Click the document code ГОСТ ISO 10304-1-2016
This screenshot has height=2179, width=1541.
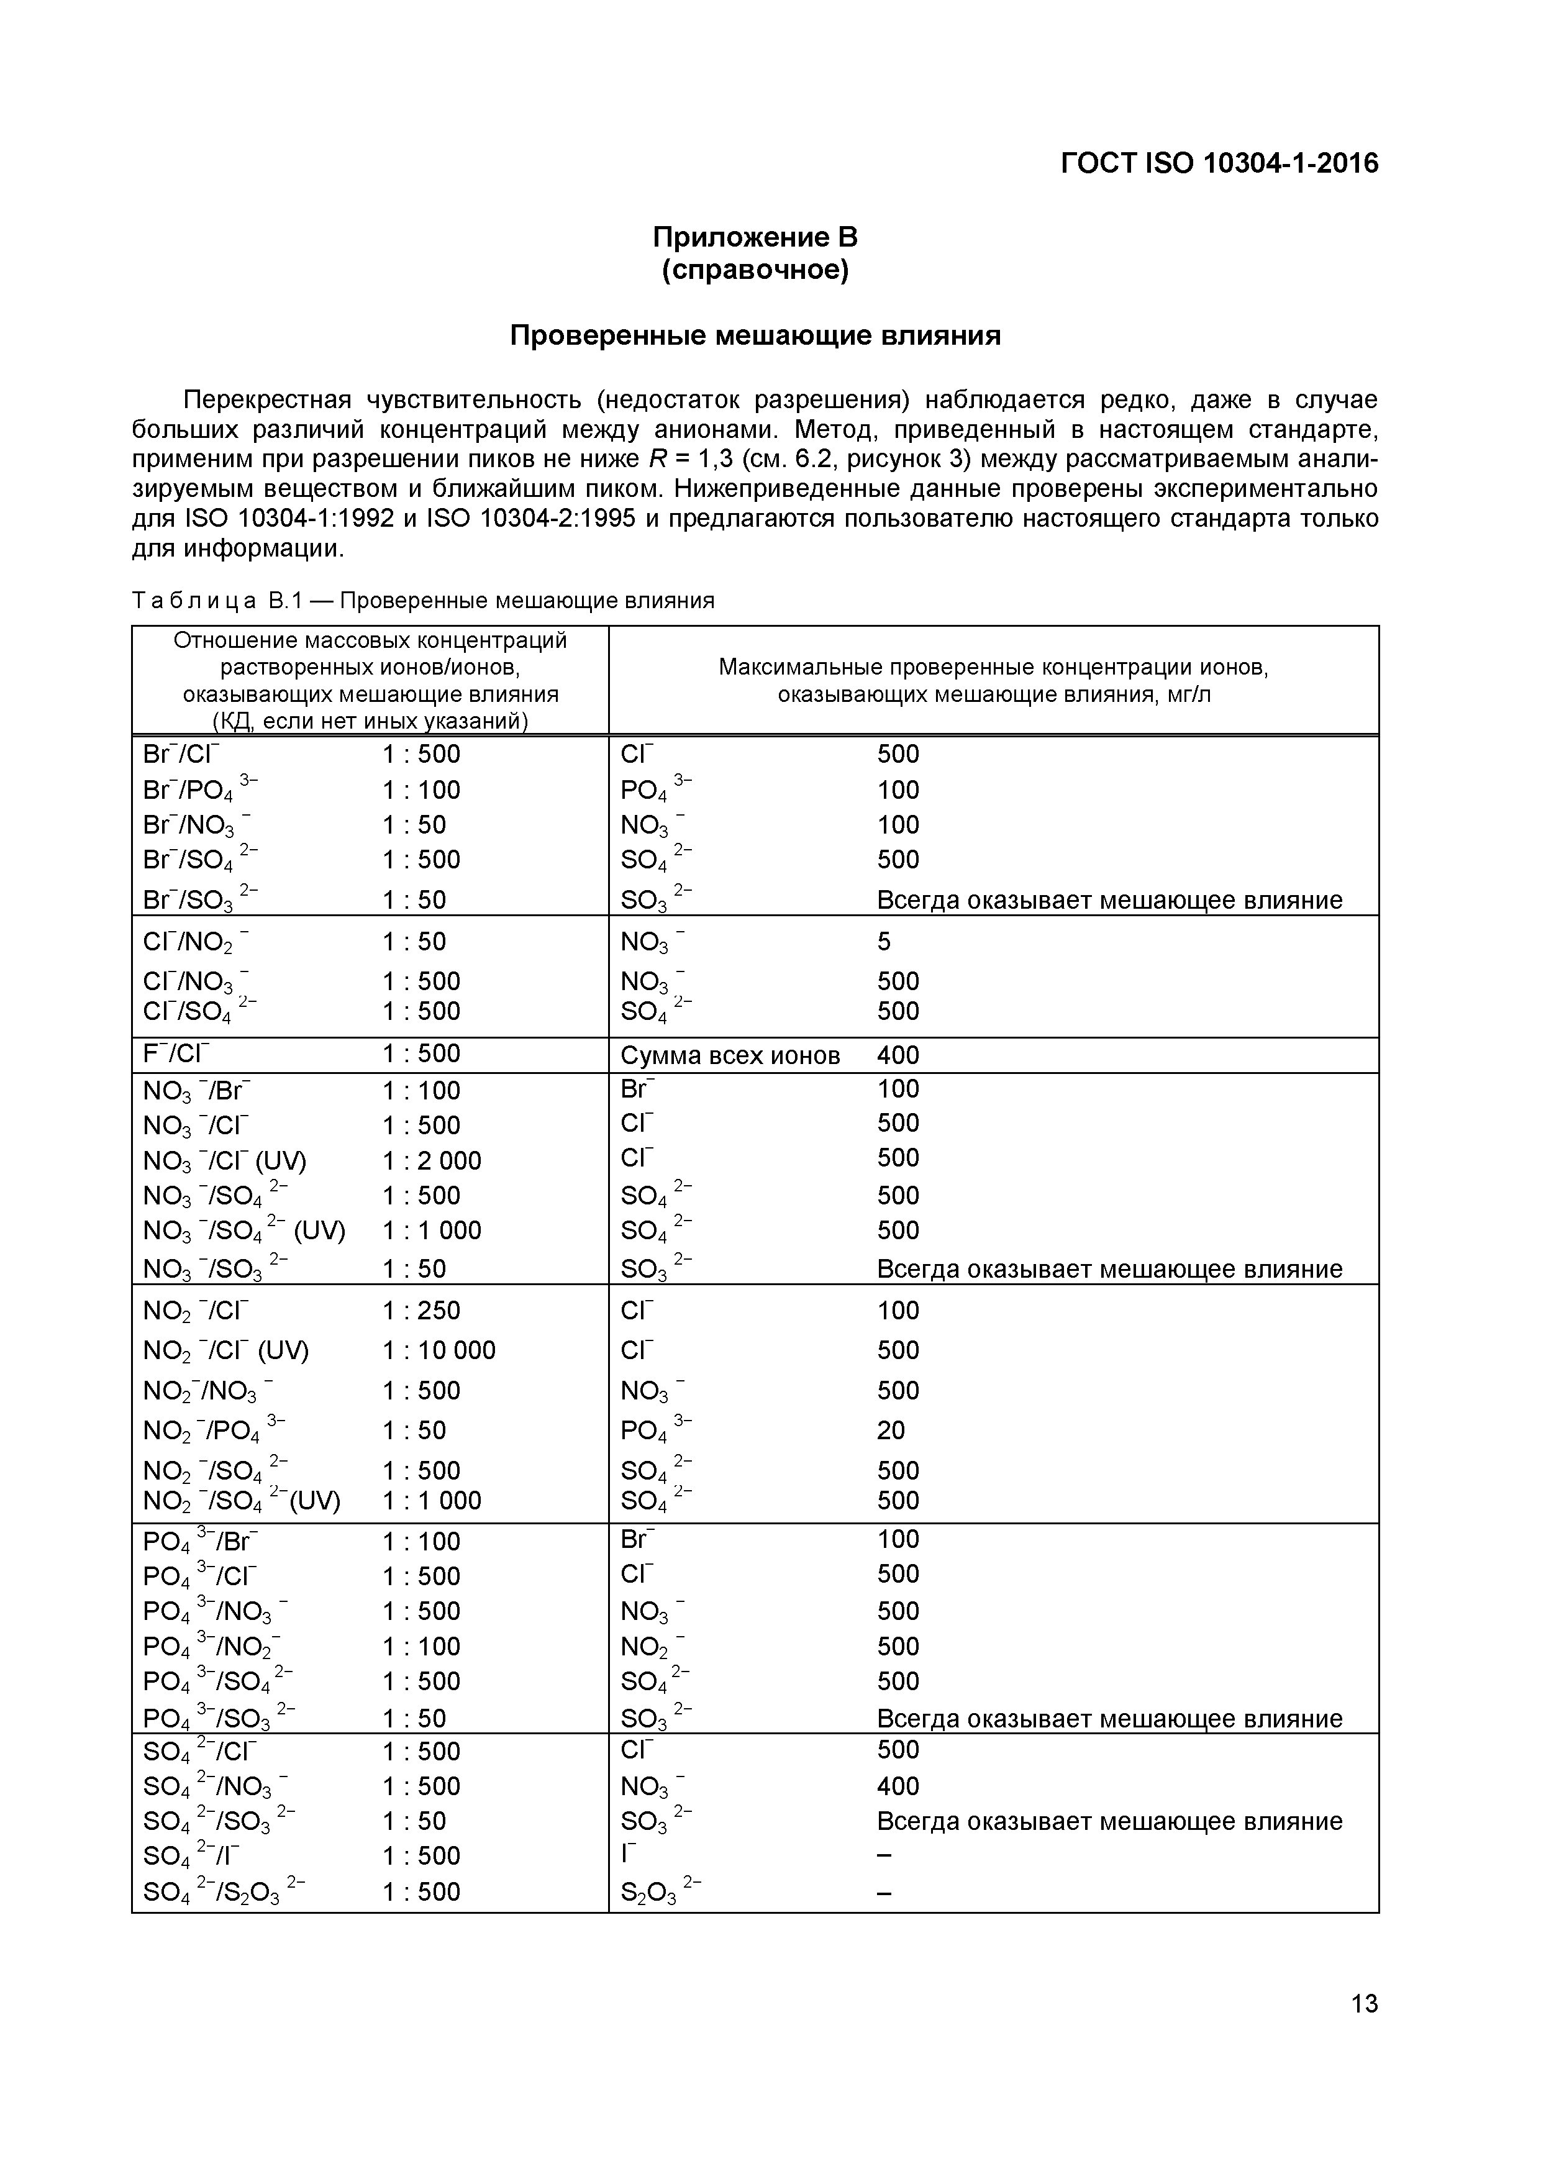pyautogui.click(x=1219, y=164)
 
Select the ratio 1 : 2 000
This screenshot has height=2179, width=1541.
pyautogui.click(x=432, y=1161)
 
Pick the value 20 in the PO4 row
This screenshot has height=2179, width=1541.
pyautogui.click(x=891, y=1431)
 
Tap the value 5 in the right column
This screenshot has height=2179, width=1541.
pyautogui.click(x=883, y=942)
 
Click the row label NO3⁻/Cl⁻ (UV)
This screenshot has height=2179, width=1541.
pyautogui.click(x=225, y=1161)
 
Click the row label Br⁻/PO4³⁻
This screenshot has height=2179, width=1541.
pyautogui.click(x=200, y=789)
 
